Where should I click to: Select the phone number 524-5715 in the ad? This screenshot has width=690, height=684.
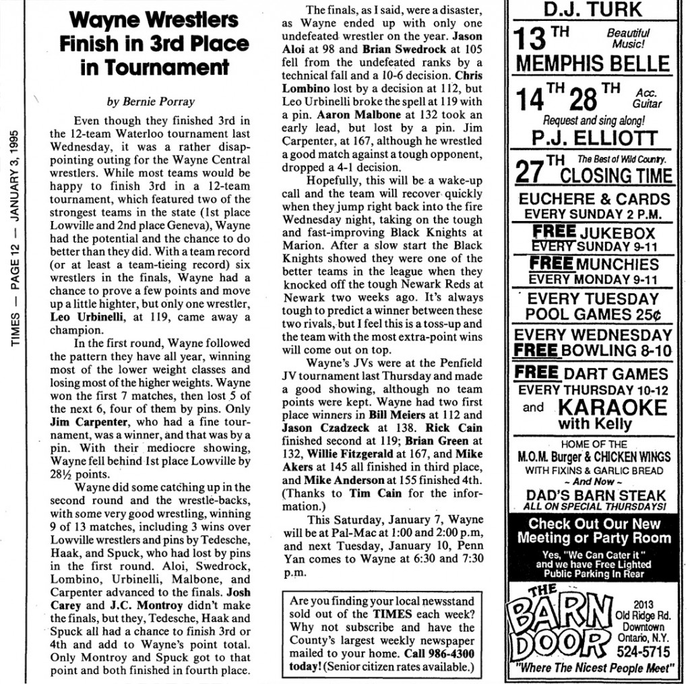coord(642,652)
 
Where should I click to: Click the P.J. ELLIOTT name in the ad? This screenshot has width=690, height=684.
coord(593,139)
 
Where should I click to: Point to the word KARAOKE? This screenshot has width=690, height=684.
coord(612,407)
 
